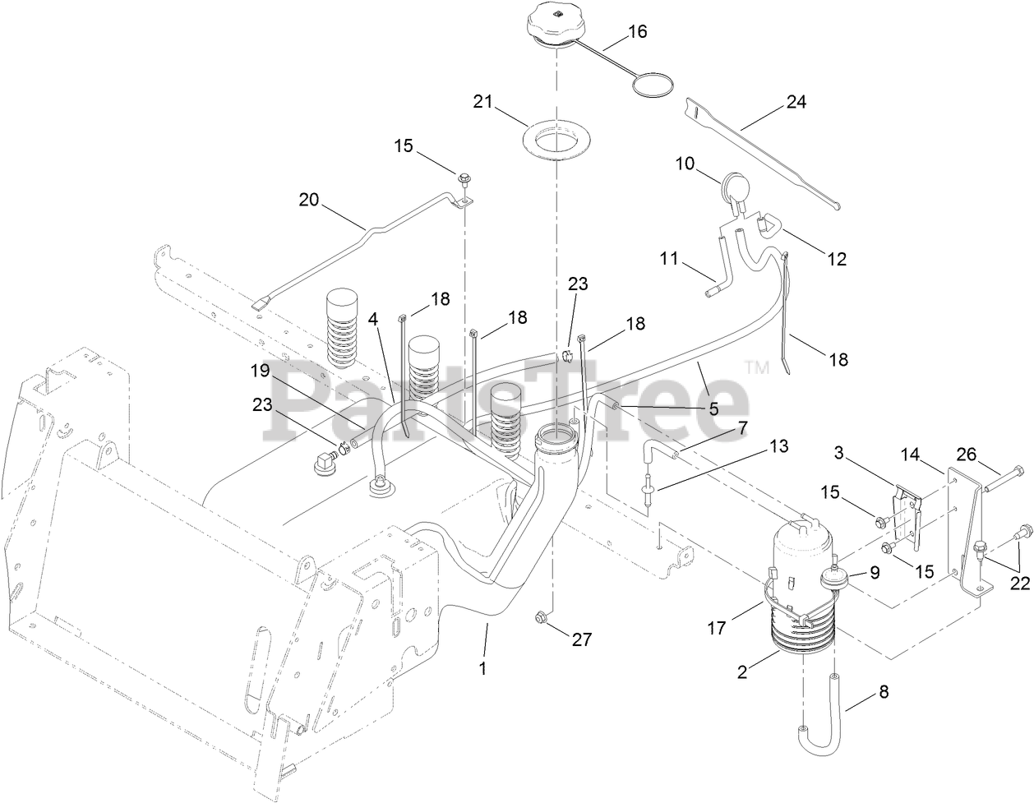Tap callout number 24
pyautogui.click(x=796, y=102)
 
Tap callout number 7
pyautogui.click(x=742, y=427)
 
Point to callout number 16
pyautogui.click(x=638, y=32)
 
